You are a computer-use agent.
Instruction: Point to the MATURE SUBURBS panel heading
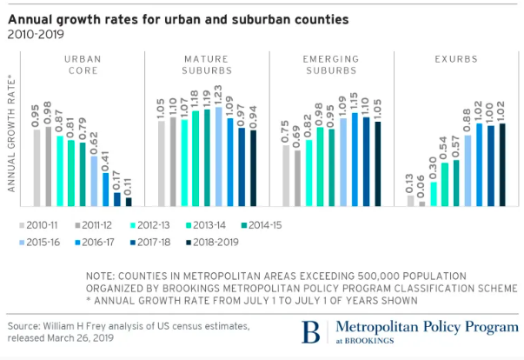(x=205, y=65)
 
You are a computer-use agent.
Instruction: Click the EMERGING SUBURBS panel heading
(x=331, y=65)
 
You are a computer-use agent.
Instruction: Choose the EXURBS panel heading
(x=455, y=59)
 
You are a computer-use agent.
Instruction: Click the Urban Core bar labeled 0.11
(x=129, y=202)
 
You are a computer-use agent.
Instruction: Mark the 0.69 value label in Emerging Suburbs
(x=297, y=137)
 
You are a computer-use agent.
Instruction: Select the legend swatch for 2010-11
(x=22, y=226)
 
